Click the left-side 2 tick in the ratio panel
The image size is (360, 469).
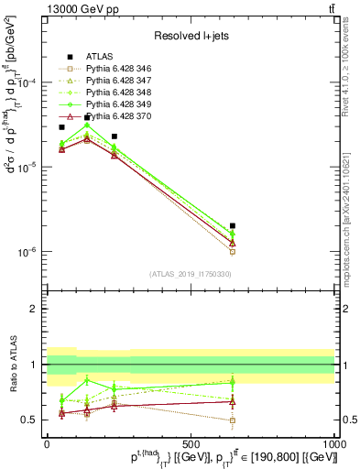[34, 309]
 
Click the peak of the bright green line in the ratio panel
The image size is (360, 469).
[87, 380]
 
